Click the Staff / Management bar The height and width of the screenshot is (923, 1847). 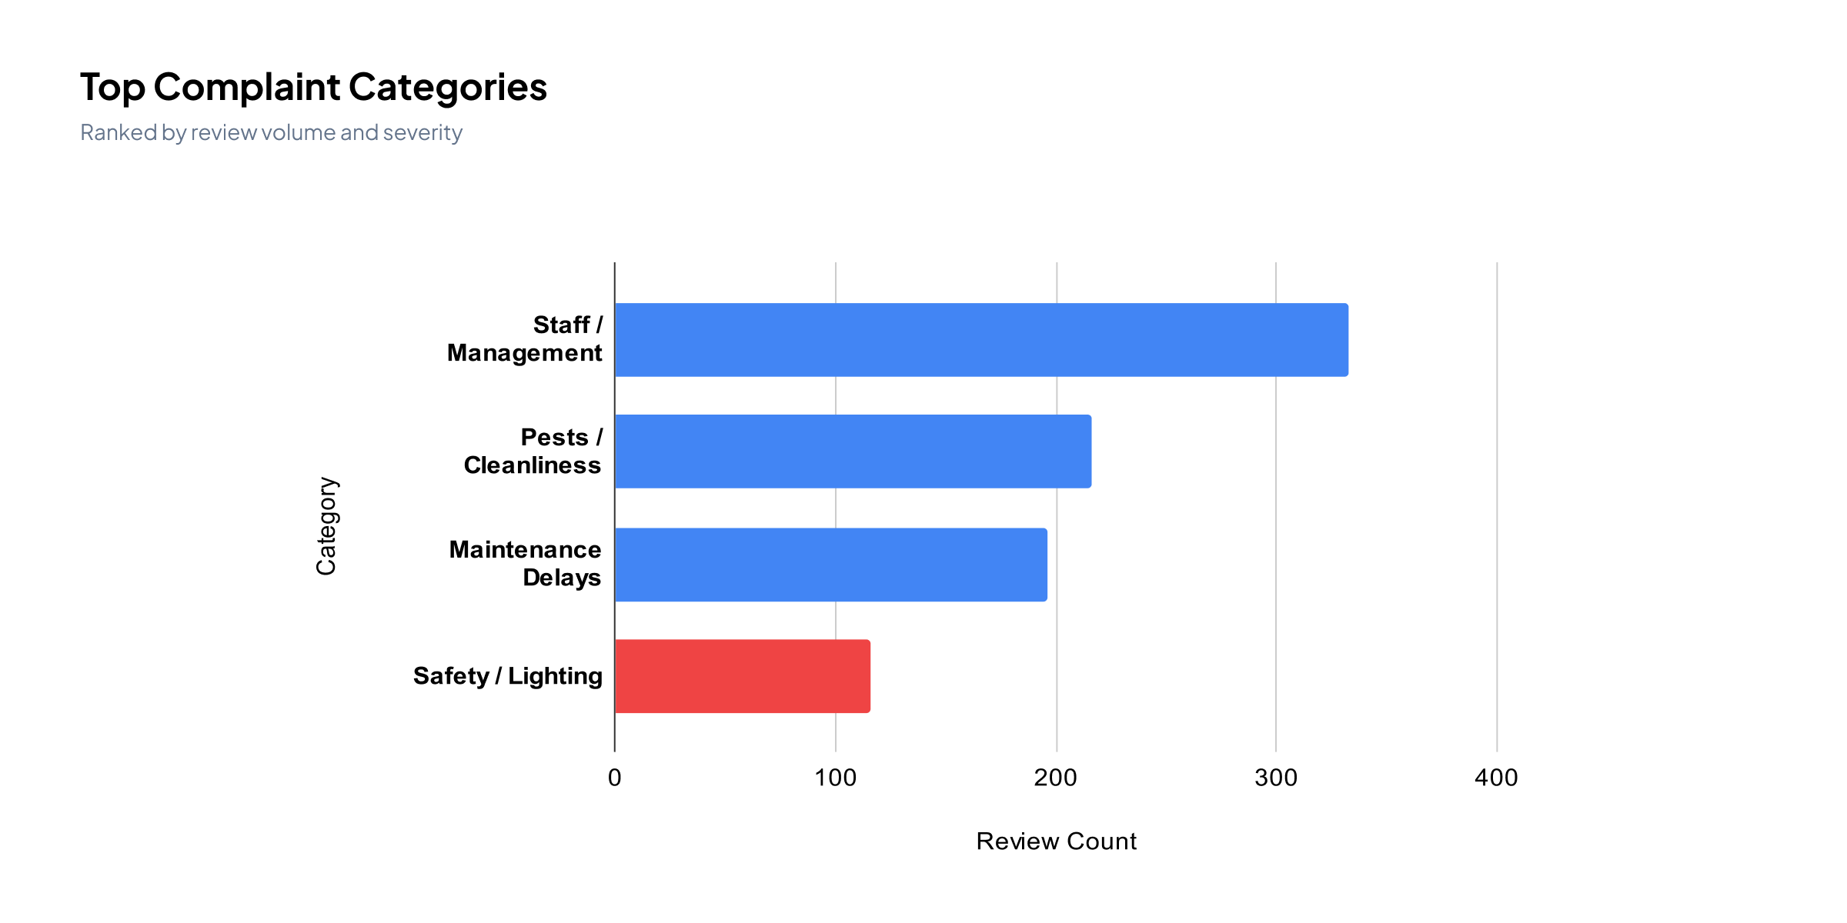tap(981, 340)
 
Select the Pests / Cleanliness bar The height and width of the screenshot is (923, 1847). tap(853, 452)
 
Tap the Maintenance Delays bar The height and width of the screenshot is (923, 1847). tap(830, 565)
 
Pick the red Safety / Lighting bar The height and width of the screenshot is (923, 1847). tap(743, 676)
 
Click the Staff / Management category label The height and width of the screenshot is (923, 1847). tap(526, 338)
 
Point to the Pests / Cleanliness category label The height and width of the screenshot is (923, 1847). tap(533, 451)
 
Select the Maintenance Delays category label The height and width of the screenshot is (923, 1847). tap(526, 563)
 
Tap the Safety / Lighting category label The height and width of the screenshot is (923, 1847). tap(508, 676)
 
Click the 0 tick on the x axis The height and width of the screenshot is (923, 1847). tap(614, 778)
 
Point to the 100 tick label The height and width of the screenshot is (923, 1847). tap(835, 778)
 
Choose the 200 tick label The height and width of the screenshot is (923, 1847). tap(1056, 778)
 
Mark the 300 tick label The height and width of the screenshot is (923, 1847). tap(1276, 778)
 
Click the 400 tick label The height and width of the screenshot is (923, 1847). tap(1496, 778)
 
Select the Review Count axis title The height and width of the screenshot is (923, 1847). tap(1056, 841)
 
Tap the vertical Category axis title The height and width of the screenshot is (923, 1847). tap(326, 526)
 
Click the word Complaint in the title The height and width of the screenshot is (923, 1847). tap(246, 88)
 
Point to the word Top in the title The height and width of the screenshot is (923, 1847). tap(112, 88)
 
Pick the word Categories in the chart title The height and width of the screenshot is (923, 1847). tap(449, 88)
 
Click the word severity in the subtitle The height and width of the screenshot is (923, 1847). tap(423, 133)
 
